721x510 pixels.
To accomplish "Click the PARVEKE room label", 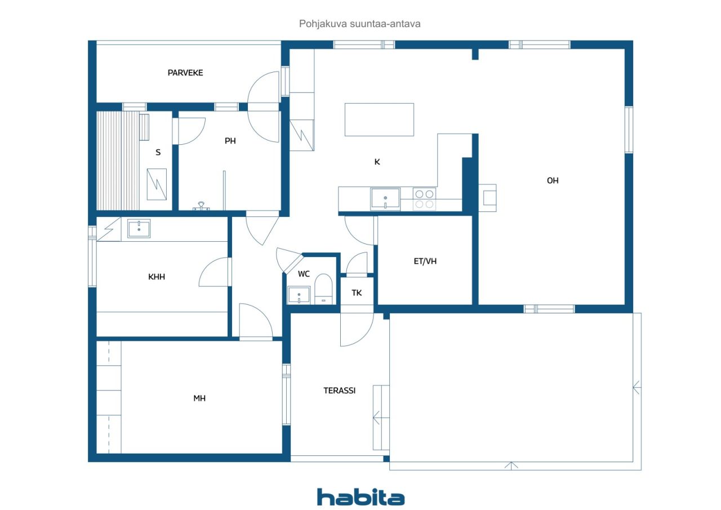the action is click(185, 73).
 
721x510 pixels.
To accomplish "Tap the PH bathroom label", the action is click(230, 141).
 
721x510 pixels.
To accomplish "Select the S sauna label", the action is click(158, 152).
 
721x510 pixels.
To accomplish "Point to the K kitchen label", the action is click(377, 162).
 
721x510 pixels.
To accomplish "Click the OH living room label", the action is click(553, 181).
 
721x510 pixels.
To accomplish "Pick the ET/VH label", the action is click(425, 261).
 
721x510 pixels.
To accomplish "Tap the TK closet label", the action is click(357, 292).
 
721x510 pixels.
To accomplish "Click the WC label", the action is click(304, 274).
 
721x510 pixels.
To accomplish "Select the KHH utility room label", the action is click(157, 277).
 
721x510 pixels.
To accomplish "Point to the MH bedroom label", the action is click(199, 398).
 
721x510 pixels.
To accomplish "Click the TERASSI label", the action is click(339, 391).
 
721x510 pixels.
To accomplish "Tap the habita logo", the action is click(361, 497).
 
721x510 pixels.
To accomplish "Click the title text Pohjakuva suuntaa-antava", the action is click(359, 24).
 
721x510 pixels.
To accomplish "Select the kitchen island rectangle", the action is click(379, 119).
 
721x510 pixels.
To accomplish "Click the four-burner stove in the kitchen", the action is click(424, 199).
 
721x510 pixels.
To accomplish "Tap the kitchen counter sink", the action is click(385, 199).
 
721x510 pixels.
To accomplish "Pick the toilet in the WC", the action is click(323, 289).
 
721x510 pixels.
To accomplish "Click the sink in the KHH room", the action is click(139, 229).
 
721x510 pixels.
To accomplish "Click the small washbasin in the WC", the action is click(299, 295).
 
